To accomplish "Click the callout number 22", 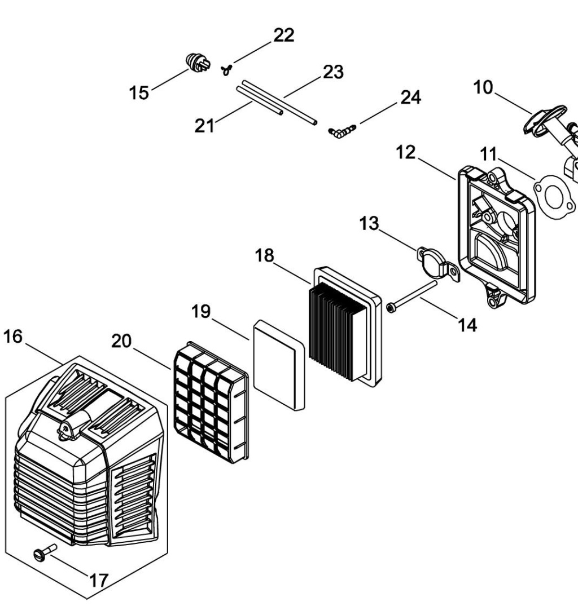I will click(x=283, y=35).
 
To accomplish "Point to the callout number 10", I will click(x=483, y=87).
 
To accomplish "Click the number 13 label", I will click(x=370, y=223).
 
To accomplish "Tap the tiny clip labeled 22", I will click(x=227, y=69).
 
